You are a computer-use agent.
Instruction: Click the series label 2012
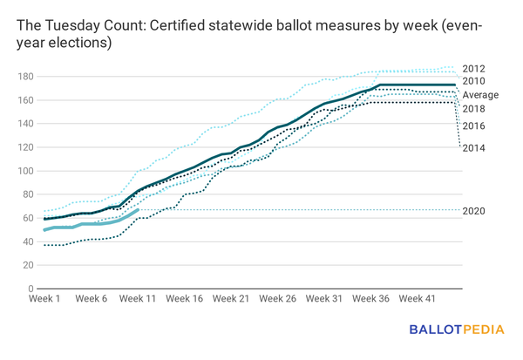(475, 68)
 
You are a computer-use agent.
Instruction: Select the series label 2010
(475, 81)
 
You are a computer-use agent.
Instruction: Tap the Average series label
(480, 94)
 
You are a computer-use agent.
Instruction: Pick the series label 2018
(475, 108)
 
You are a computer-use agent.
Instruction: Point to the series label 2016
(475, 126)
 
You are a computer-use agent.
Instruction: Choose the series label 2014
(475, 147)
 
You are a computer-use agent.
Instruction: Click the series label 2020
(475, 211)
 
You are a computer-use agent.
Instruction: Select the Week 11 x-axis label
(138, 298)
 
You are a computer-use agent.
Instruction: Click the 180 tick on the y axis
(25, 77)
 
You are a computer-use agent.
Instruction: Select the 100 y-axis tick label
(25, 171)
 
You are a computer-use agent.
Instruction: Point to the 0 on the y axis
(30, 289)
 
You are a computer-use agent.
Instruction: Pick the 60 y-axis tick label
(28, 218)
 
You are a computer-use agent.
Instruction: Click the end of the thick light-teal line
(138, 210)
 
